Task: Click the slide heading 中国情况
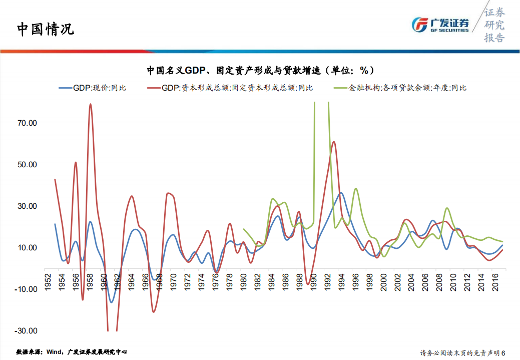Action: point(46,29)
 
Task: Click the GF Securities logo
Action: point(440,25)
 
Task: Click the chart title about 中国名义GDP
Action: point(260,70)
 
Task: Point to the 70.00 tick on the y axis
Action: point(28,123)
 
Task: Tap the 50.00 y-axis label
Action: point(28,165)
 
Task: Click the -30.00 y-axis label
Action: point(27,331)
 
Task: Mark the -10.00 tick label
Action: point(27,289)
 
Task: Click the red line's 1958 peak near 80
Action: point(91,105)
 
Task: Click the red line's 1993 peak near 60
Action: point(333,142)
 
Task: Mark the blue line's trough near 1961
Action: point(112,302)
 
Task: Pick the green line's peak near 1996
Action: point(355,189)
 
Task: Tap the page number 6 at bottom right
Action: point(503,352)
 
